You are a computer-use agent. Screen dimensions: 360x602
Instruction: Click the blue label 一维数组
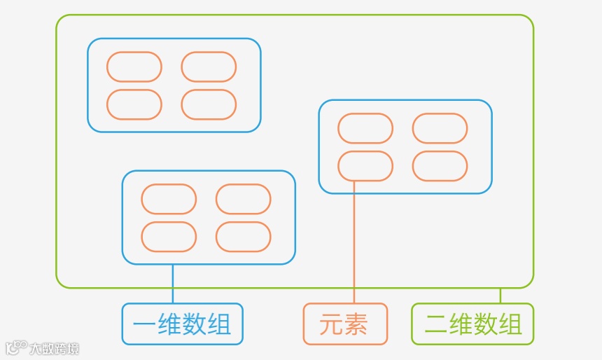182,324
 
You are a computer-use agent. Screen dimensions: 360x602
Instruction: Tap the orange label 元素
344,324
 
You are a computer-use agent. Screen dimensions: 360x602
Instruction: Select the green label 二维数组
472,324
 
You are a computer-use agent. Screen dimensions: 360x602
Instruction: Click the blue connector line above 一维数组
172,284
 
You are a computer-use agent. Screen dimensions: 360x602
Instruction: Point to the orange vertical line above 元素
354,245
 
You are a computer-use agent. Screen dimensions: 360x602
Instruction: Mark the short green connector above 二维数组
500,296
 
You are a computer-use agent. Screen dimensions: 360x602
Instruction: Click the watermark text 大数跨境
54,348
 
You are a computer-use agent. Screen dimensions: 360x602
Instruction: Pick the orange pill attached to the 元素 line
365,166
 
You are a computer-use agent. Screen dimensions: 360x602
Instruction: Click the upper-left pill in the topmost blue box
134,67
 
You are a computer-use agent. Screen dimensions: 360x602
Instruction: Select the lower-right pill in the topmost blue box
209,104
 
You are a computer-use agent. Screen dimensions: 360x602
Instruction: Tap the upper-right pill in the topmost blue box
209,67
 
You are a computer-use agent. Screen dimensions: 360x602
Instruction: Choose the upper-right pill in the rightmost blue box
440,128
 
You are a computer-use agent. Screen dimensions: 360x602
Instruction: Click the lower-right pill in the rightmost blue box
440,166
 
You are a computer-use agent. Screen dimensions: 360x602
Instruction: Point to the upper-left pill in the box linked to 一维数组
169,199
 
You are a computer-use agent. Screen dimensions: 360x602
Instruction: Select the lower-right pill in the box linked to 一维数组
243,237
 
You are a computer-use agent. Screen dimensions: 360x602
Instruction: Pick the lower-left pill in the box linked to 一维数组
169,237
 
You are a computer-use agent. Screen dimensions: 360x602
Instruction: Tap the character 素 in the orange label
356,324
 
